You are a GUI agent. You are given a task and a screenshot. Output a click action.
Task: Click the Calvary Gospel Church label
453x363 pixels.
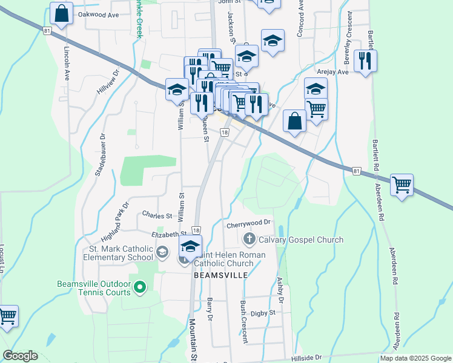301,240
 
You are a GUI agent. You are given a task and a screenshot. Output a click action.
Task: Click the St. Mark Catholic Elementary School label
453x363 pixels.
121,252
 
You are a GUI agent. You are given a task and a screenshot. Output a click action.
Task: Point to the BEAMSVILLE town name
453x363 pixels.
221,275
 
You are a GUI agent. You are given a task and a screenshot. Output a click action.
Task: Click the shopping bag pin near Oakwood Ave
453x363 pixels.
62,13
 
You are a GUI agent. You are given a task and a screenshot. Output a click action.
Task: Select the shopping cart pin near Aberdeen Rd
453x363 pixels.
402,185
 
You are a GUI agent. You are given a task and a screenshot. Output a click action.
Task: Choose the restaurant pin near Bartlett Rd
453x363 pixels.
365,60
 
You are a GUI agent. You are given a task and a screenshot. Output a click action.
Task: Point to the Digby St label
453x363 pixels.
263,313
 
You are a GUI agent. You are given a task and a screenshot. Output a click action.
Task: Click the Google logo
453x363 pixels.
20,356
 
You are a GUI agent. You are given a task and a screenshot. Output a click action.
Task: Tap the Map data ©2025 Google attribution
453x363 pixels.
415,358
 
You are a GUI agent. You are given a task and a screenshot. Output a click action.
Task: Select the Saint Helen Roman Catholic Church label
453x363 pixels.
223,258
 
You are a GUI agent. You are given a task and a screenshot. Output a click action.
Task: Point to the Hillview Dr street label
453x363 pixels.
108,81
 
